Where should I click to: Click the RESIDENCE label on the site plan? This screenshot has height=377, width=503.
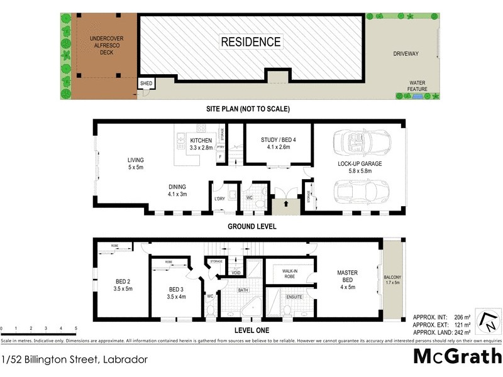click(x=250, y=42)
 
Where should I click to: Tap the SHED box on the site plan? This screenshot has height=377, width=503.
click(x=146, y=84)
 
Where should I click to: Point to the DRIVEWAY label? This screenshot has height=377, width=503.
click(x=406, y=54)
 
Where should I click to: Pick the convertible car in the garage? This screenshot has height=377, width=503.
click(x=355, y=141)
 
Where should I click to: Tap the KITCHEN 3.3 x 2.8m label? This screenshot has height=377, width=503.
click(x=202, y=144)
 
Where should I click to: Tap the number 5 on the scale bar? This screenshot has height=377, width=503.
click(x=75, y=329)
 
